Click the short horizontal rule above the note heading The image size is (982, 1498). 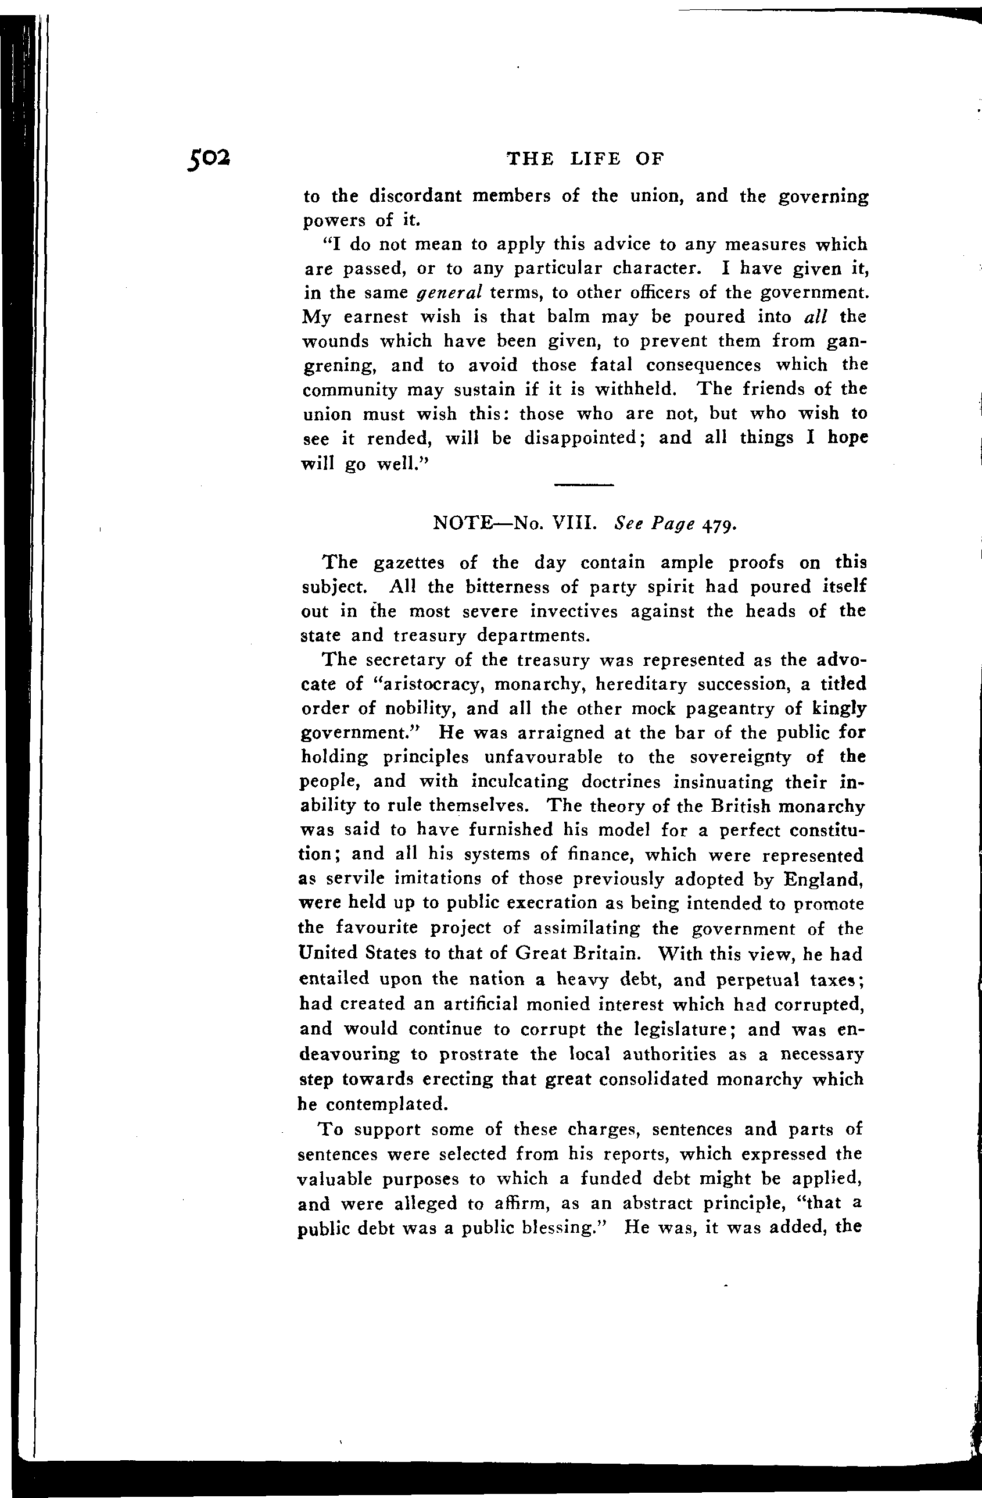(x=583, y=484)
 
